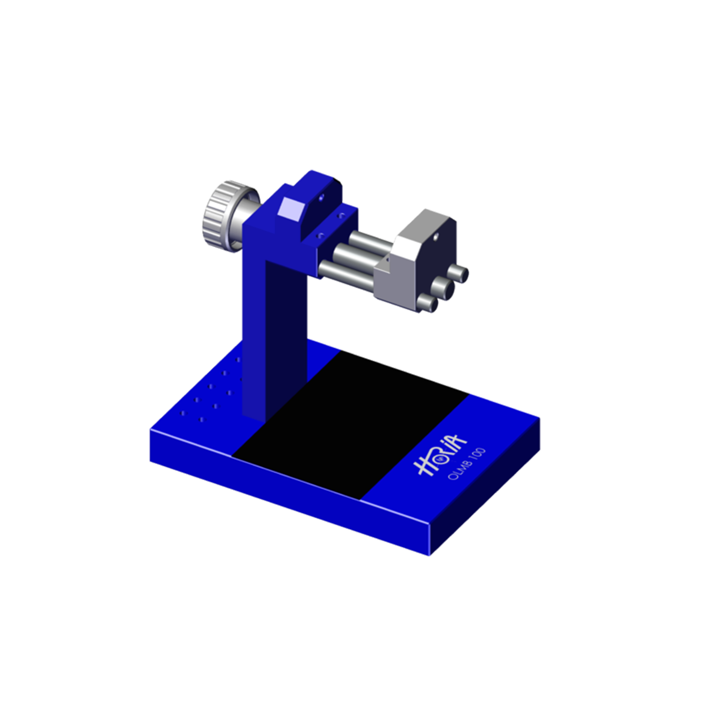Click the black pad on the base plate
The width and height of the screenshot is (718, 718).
(349, 424)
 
